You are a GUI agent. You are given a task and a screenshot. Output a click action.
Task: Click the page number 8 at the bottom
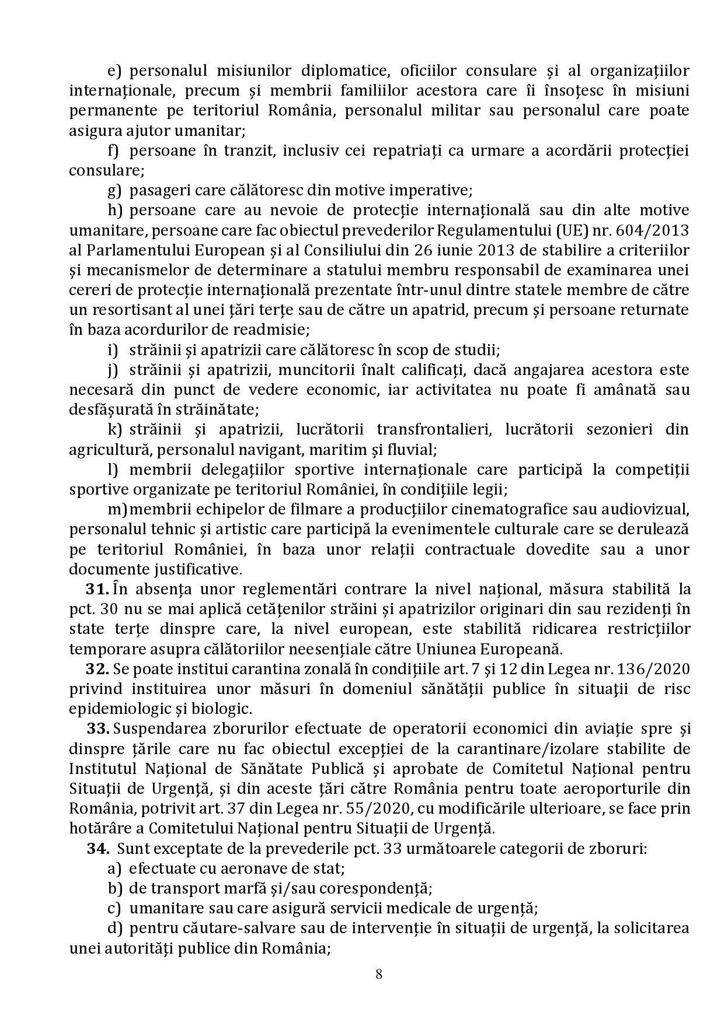(x=379, y=973)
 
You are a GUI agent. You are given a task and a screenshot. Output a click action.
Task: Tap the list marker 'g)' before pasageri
(x=114, y=190)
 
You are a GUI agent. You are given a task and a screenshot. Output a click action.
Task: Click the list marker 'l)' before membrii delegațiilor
(x=113, y=470)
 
